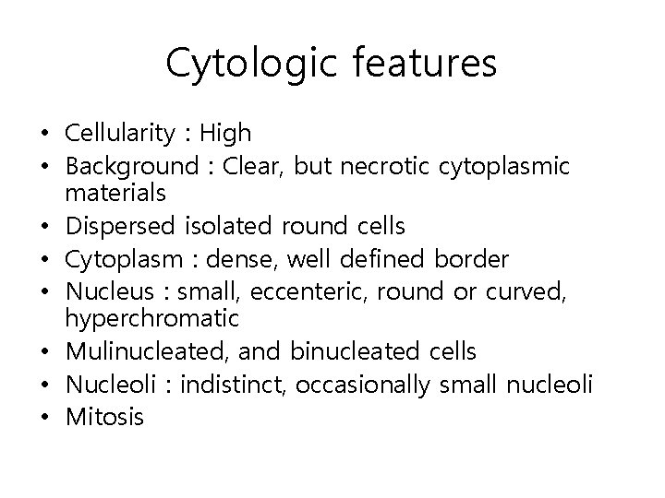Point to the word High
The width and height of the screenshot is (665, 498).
[225, 135]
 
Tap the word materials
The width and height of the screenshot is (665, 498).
[115, 194]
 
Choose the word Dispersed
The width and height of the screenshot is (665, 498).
[118, 226]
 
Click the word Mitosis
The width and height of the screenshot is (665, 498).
[104, 417]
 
